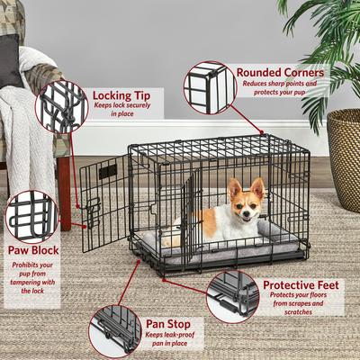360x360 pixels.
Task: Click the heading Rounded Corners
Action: coord(281,71)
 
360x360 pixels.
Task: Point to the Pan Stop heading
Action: coord(166,321)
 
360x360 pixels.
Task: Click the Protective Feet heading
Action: coord(301,285)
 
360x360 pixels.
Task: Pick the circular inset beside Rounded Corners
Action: coord(209,87)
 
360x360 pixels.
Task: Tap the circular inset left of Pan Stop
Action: coord(114,330)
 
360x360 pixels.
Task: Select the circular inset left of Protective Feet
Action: coord(231,295)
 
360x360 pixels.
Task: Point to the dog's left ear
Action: coord(258,187)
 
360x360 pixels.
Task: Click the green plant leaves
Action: coord(324,45)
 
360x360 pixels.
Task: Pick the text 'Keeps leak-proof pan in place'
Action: coord(166,341)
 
